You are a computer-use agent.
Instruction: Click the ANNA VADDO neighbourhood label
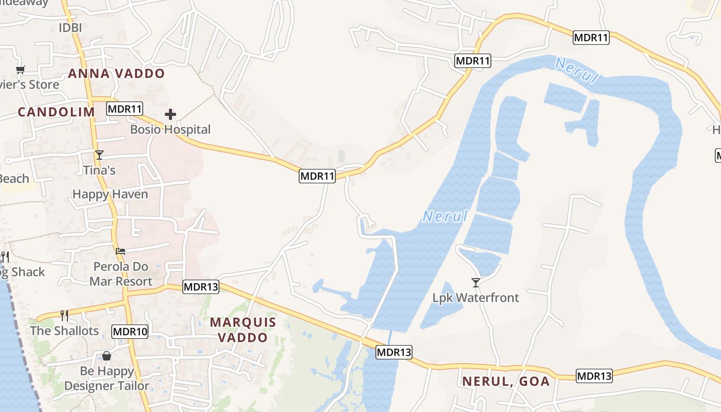point(116,74)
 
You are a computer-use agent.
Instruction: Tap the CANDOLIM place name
point(57,112)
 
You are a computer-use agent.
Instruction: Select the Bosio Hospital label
point(170,129)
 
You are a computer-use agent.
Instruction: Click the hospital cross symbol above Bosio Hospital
point(170,114)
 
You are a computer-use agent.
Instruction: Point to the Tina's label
point(99,169)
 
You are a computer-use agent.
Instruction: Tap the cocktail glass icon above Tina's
point(99,155)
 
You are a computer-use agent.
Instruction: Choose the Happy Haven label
point(110,194)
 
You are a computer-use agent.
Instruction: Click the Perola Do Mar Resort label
point(121,274)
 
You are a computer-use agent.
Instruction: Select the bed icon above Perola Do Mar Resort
point(121,251)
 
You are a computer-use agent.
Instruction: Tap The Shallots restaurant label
point(64,331)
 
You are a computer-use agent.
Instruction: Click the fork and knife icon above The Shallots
point(64,316)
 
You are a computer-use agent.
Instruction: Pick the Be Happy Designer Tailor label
point(107,379)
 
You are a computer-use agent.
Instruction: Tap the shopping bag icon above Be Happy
point(107,356)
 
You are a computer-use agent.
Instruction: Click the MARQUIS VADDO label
point(243,330)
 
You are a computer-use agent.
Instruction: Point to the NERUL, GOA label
point(506,382)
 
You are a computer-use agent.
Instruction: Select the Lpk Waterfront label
point(476,298)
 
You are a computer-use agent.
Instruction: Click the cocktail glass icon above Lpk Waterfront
point(476,283)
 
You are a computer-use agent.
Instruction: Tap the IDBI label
point(70,28)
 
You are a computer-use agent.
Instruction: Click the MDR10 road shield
point(130,332)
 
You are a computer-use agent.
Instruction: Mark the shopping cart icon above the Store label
point(21,70)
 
